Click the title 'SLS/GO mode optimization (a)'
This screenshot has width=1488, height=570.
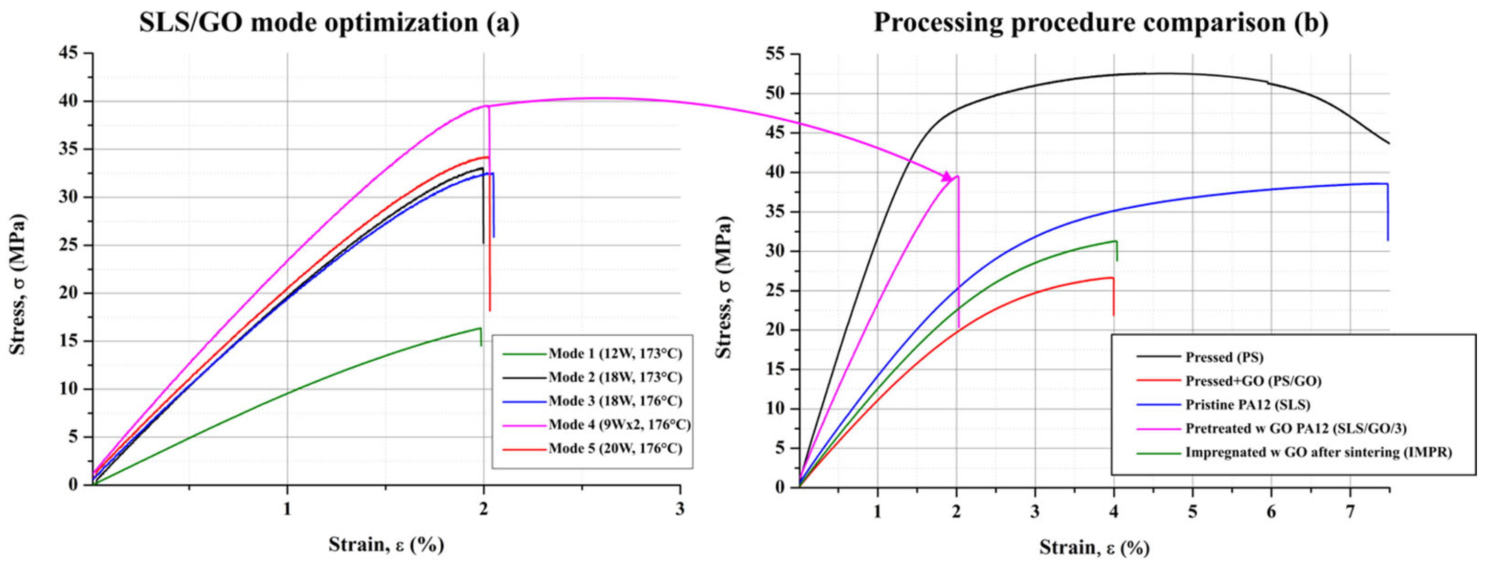[329, 22]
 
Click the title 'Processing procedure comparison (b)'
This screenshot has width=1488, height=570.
[1101, 22]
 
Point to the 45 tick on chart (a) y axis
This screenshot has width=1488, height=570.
[74, 53]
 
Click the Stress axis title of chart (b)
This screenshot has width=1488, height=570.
[724, 287]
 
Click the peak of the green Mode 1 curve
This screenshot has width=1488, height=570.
[480, 328]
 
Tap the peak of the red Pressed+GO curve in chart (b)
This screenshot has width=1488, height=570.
[1112, 278]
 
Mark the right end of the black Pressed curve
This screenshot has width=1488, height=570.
[1389, 144]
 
